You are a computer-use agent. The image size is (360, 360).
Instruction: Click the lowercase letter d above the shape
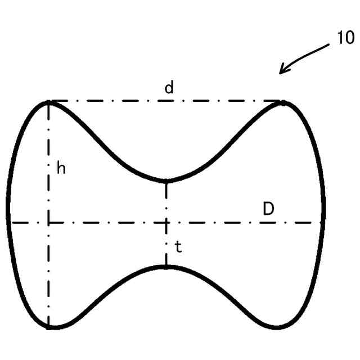pyautogui.click(x=169, y=88)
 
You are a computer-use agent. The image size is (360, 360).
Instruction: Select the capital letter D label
pyautogui.click(x=268, y=209)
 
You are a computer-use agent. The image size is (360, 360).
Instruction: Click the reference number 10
pyautogui.click(x=345, y=38)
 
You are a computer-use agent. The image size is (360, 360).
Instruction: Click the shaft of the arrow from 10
pyautogui.click(x=307, y=57)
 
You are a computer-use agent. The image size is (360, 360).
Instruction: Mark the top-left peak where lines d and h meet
pyautogui.click(x=49, y=102)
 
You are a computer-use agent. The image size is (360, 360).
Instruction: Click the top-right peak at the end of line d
pyautogui.click(x=283, y=102)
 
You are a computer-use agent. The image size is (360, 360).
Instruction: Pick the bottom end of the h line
pyautogui.click(x=49, y=327)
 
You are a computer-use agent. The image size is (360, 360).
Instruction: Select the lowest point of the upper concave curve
pyautogui.click(x=166, y=181)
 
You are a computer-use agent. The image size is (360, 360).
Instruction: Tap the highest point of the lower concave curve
pyautogui.click(x=166, y=266)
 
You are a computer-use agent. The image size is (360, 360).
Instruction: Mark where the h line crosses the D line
pyautogui.click(x=49, y=222)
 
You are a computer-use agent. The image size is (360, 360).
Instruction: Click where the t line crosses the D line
pyautogui.click(x=166, y=222)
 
